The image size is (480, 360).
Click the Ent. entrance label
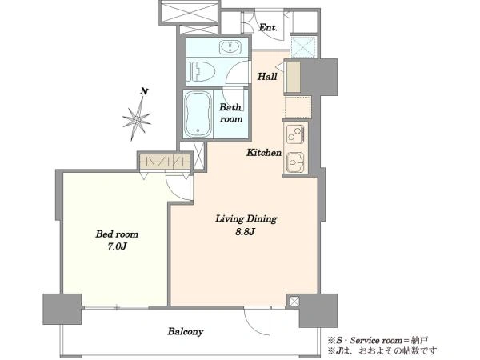(x=268, y=28)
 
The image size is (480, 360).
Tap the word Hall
(x=267, y=76)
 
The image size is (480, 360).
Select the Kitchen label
(x=264, y=153)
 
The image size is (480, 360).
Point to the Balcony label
(x=186, y=331)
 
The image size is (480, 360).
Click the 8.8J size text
(x=246, y=232)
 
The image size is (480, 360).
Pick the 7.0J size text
(x=117, y=246)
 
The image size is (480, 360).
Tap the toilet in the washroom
(x=200, y=72)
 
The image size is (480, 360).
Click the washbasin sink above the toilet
(x=230, y=47)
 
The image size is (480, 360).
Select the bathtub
(x=198, y=114)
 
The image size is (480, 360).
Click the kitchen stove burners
(x=295, y=134)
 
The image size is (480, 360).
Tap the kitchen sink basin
(x=295, y=162)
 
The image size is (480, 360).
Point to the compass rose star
(x=137, y=118)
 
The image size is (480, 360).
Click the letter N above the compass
(x=145, y=91)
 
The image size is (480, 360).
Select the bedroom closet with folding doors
(x=165, y=161)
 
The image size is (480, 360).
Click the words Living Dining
(x=246, y=219)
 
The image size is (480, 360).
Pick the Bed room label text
(x=117, y=234)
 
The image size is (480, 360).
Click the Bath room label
(x=231, y=113)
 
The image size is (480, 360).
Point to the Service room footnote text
(x=378, y=340)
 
